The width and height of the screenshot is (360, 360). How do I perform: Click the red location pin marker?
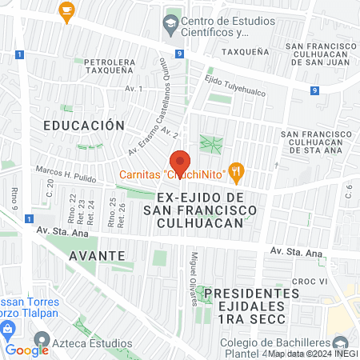[180, 162]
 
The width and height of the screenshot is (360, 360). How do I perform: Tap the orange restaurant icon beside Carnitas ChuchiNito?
[235, 170]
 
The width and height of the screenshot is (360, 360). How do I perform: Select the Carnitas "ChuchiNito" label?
[171, 175]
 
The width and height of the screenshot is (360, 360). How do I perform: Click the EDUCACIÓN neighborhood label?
[84, 126]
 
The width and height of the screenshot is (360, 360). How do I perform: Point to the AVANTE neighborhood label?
[97, 255]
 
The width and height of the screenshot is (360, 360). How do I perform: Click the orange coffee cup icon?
[66, 10]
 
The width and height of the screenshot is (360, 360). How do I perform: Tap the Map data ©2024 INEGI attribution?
[312, 354]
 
